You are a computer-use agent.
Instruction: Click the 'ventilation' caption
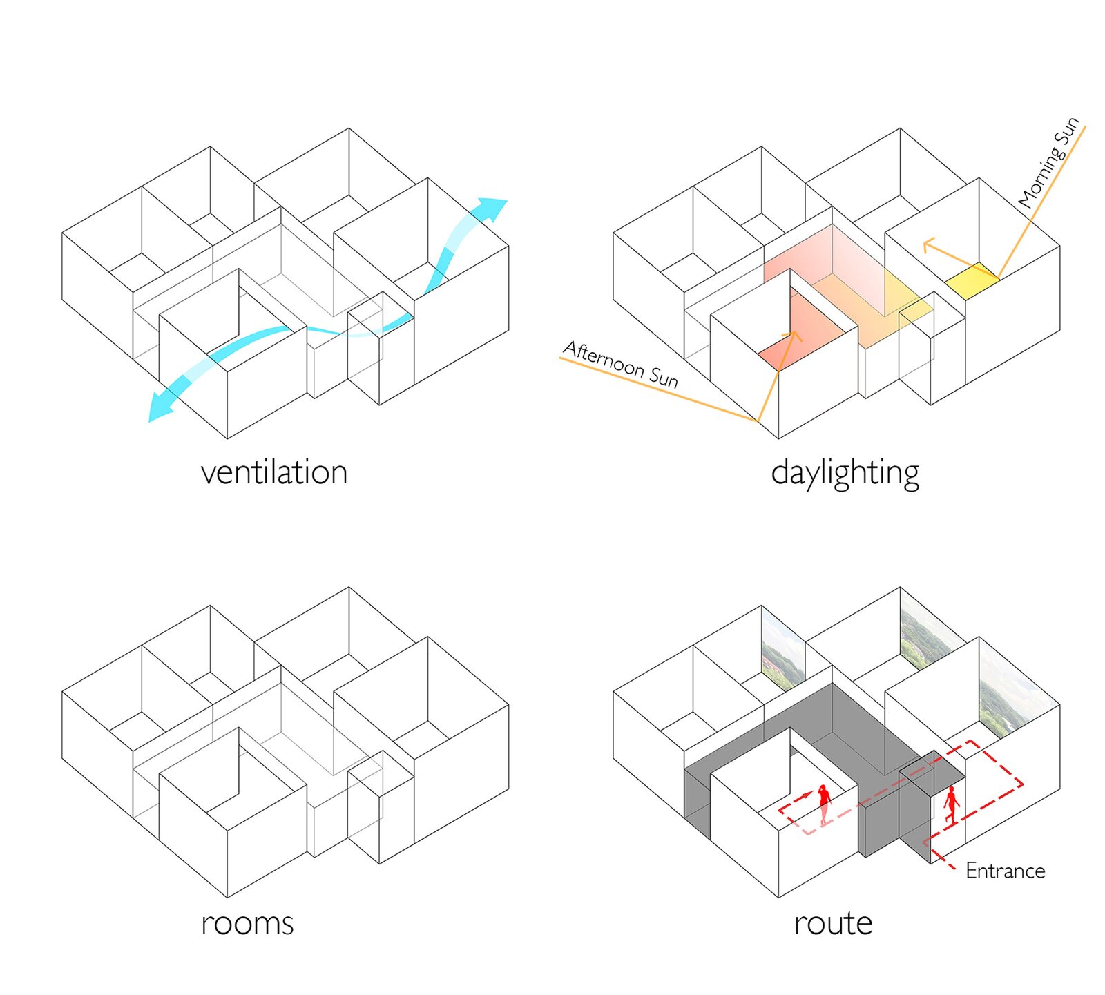(274, 473)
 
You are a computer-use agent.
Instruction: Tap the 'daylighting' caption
(845, 474)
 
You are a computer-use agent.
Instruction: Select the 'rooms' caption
(247, 923)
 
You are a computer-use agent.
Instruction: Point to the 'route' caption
(833, 923)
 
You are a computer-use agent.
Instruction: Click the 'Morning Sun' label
(1048, 163)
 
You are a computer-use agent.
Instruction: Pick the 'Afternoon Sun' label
(620, 364)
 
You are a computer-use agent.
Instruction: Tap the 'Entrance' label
(1005, 871)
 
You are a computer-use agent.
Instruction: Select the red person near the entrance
(952, 806)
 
